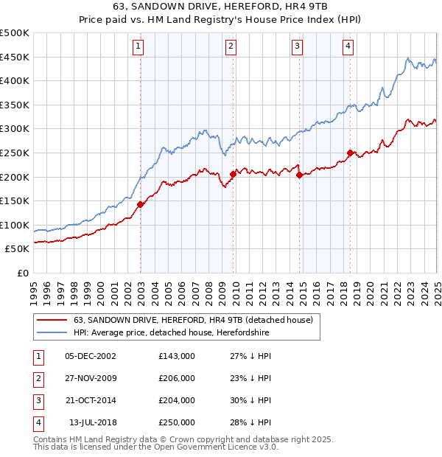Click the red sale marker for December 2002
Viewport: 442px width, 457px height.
(140, 204)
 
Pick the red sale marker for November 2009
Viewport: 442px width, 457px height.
(234, 174)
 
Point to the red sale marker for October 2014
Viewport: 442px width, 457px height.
(300, 175)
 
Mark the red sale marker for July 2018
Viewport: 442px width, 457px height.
(350, 153)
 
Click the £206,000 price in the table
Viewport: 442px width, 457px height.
(177, 378)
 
